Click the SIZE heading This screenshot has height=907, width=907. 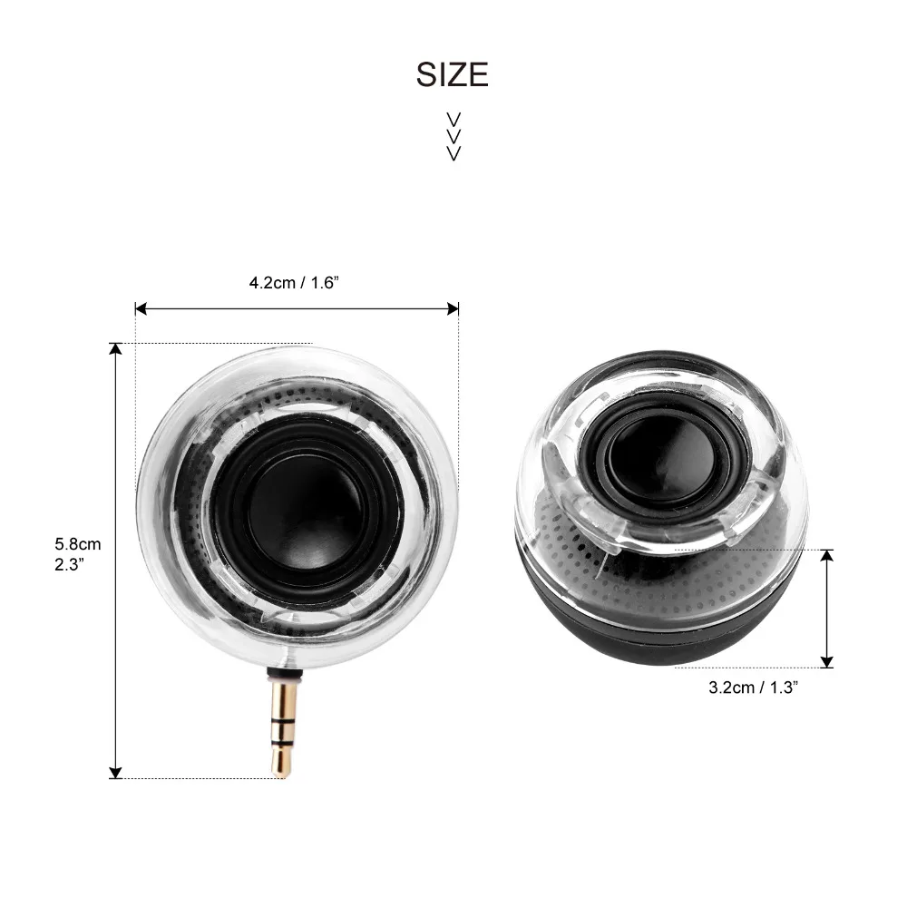pos(453,74)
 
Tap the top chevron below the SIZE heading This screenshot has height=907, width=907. pos(454,120)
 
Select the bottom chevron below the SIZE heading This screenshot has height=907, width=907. pos(454,153)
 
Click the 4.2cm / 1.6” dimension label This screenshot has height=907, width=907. pos(294,283)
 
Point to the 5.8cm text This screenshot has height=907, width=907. pos(77,544)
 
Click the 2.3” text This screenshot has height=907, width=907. pos(70,564)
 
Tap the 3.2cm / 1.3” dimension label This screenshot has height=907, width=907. pos(754,688)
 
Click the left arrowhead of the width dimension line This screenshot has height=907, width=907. pos(141,309)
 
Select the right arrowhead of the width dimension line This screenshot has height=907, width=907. pos(453,309)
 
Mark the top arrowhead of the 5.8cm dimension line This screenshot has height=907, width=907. pos(116,349)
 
